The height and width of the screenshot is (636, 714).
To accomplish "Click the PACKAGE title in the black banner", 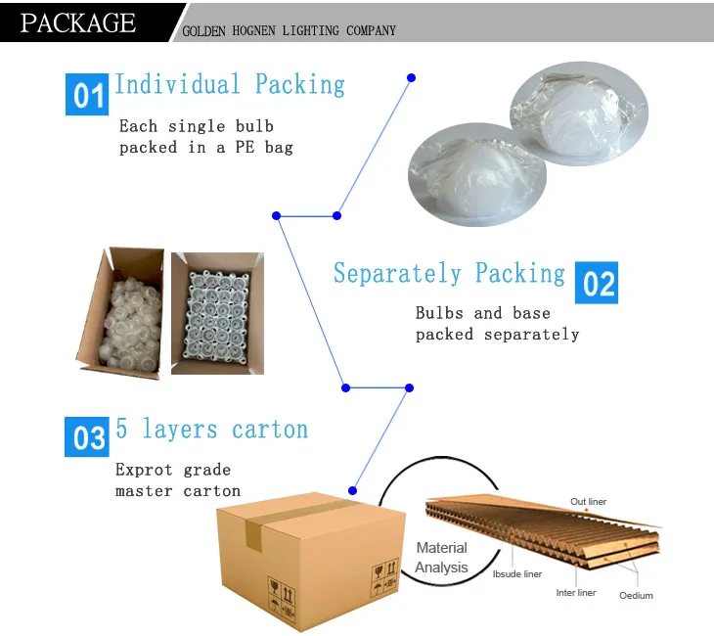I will (x=78, y=23).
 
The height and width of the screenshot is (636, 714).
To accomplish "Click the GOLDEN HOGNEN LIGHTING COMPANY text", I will (x=290, y=30).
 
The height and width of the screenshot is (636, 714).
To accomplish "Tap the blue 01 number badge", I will (x=88, y=95).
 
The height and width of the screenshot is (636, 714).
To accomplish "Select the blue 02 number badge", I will (x=597, y=283).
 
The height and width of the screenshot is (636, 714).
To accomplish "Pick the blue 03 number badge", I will (x=88, y=437).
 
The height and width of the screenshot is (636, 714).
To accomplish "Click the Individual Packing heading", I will (x=230, y=84).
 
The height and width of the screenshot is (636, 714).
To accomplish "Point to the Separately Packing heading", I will (x=449, y=273).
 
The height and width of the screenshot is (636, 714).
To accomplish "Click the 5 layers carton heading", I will (x=212, y=430).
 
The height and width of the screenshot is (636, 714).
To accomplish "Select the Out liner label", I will (x=588, y=502).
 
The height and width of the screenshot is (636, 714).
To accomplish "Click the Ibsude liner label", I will (x=516, y=574).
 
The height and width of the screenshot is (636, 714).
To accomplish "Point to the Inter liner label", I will (x=576, y=592).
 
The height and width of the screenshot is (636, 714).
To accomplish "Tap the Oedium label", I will (x=636, y=595).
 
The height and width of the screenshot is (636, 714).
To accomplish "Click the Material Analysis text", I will (x=441, y=558).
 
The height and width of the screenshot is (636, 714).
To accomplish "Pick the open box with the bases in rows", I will (x=217, y=313).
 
